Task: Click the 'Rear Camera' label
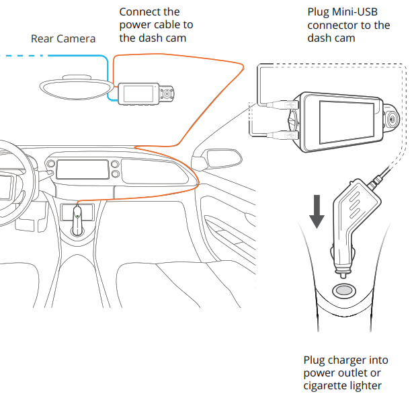coord(63,38)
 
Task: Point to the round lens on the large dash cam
coord(393,119)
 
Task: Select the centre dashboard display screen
coord(81,169)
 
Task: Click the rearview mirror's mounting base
coord(75,77)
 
